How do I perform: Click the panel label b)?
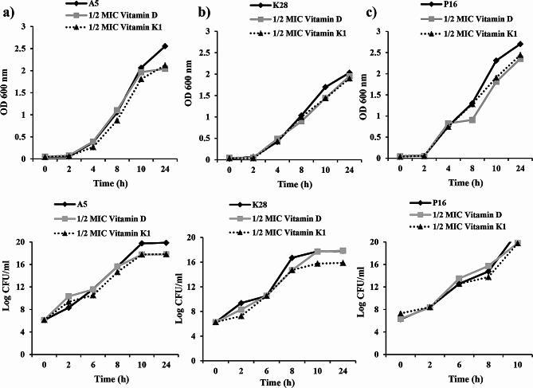[x=192, y=11]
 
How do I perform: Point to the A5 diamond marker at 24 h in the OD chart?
[x=164, y=46]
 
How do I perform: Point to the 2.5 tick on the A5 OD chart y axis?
[x=24, y=48]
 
